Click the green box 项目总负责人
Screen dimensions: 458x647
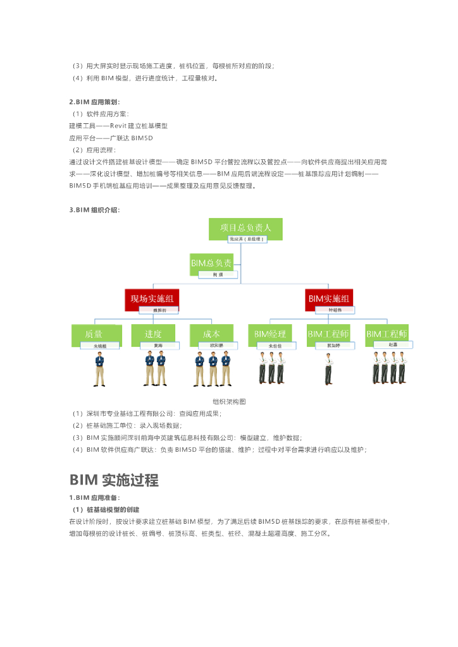[x=245, y=228]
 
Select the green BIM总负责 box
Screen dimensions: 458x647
[x=211, y=263]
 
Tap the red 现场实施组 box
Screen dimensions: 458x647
[x=152, y=298]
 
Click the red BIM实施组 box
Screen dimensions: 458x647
[x=329, y=298]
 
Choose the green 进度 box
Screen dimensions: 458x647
[x=153, y=334]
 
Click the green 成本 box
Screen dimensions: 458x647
[x=211, y=334]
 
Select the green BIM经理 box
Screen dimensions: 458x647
[x=270, y=334]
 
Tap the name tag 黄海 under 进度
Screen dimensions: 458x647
[x=158, y=346]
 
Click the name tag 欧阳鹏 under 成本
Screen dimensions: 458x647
[x=216, y=346]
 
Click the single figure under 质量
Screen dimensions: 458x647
[x=99, y=370]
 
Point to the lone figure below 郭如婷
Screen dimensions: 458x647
[x=328, y=369]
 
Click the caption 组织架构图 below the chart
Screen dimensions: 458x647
[x=228, y=401]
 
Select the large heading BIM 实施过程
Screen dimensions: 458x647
[x=114, y=480]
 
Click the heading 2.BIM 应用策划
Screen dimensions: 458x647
[x=95, y=102]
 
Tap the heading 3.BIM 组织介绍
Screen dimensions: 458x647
[x=95, y=210]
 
